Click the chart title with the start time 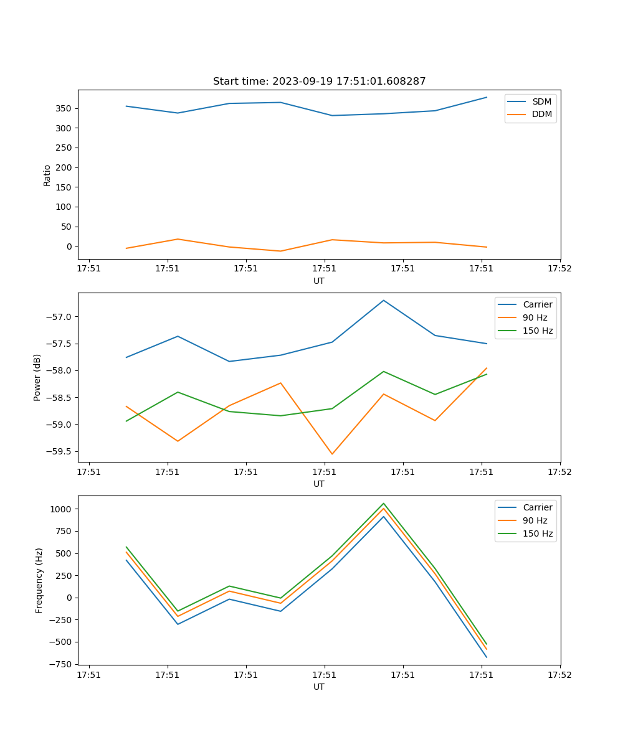click(x=319, y=82)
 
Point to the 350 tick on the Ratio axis click(x=65, y=108)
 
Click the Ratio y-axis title click(x=47, y=176)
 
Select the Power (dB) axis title click(x=38, y=377)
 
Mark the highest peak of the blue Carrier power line click(x=384, y=300)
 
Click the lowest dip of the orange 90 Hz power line click(x=332, y=454)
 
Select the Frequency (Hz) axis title click(x=39, y=580)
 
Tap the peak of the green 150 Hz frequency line click(x=384, y=504)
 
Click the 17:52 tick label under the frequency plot click(x=559, y=674)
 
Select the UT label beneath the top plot click(x=319, y=281)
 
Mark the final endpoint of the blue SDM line click(x=487, y=97)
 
